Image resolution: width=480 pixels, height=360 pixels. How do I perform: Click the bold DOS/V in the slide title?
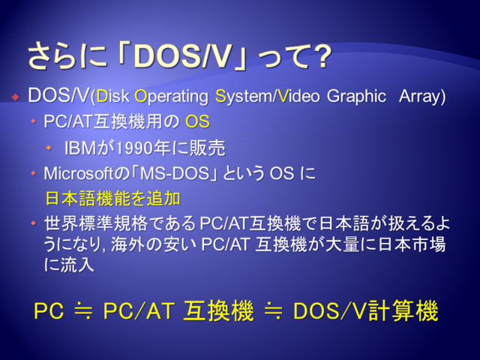[181, 57]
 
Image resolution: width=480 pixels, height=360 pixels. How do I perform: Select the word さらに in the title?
[67, 56]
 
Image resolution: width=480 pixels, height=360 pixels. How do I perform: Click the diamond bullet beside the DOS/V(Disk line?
[15, 97]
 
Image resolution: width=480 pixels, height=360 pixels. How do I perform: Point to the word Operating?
[171, 97]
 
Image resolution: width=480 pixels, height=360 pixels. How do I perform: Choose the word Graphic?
[356, 97]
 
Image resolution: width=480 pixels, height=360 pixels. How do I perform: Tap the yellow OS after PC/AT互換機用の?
[197, 121]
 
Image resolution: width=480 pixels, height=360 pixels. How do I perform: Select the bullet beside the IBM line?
[49, 148]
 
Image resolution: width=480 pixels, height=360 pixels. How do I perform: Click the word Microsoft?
[78, 173]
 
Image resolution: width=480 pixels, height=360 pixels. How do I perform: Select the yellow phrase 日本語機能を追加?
[112, 198]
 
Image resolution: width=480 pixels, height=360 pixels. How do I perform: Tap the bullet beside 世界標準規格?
[33, 223]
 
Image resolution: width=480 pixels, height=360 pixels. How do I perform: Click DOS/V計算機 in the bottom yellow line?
[365, 311]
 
